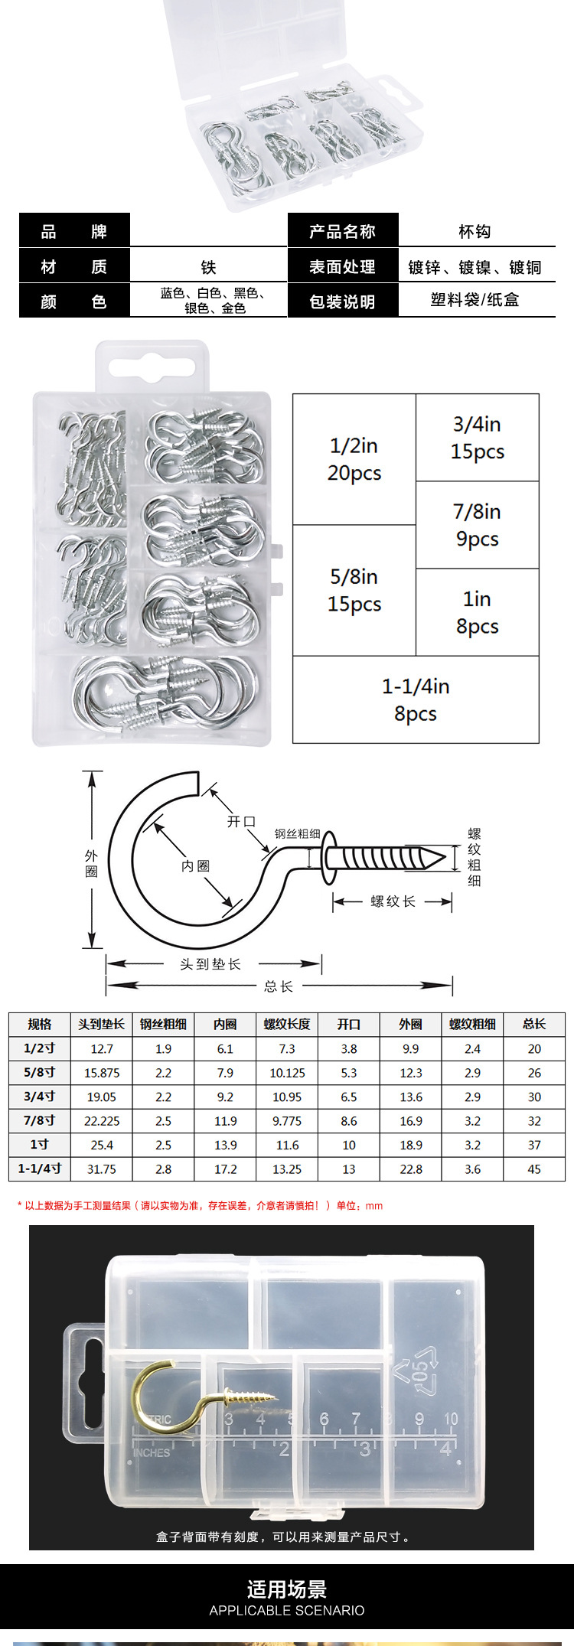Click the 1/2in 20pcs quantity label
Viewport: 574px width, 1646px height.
354,459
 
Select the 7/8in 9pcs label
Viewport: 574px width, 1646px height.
477,525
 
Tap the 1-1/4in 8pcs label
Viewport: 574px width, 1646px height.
416,699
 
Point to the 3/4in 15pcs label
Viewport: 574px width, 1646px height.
477,438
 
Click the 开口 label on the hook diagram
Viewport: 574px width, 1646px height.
241,821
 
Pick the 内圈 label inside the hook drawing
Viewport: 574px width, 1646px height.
195,865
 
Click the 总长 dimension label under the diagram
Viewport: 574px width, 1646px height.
279,986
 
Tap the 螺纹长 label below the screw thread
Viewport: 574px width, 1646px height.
393,901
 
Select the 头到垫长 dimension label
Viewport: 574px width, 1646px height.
210,964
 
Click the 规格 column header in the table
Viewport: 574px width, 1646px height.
40,1024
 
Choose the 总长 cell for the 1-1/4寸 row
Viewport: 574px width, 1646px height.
534,1169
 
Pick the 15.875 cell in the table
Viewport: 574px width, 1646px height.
102,1073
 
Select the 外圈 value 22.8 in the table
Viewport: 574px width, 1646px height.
411,1169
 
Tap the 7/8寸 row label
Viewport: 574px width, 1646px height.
40,1120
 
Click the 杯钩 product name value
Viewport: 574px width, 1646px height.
475,231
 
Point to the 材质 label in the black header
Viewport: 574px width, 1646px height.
73,266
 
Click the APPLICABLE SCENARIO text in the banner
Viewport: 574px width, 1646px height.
287,1610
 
